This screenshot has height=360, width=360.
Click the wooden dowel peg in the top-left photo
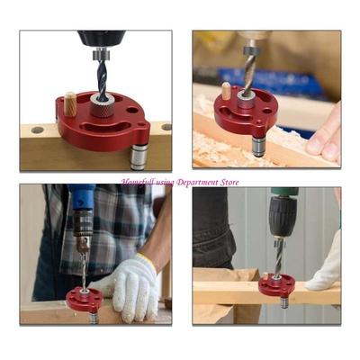pyautogui.click(x=70, y=103)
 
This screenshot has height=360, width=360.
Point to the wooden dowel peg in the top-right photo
pyautogui.click(x=227, y=91)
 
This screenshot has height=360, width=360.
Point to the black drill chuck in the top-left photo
pyautogui.click(x=101, y=40)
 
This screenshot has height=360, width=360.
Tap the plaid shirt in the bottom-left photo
pyautogui.click(x=112, y=225)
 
